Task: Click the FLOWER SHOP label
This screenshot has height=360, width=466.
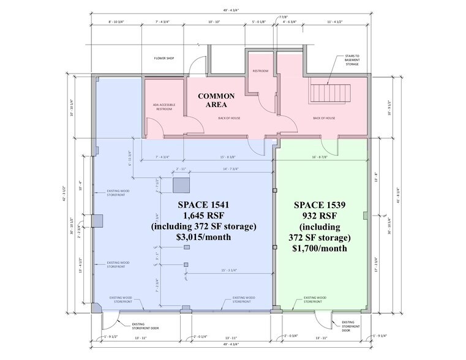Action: click(x=165, y=59)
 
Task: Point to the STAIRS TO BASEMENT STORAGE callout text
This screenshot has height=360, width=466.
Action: click(x=352, y=59)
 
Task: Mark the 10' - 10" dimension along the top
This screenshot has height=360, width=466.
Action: click(x=214, y=21)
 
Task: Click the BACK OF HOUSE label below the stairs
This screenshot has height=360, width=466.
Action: click(x=324, y=118)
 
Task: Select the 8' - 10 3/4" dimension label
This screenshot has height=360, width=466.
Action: click(x=116, y=21)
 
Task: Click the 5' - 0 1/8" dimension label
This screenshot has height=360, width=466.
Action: click(x=259, y=21)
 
